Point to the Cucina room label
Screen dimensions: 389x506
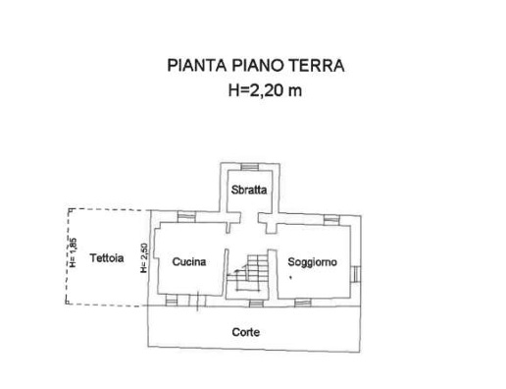pos(187,261)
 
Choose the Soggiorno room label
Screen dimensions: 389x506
pos(312,261)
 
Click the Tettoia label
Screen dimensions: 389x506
pos(106,259)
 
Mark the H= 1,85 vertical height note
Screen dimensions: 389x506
pos(72,254)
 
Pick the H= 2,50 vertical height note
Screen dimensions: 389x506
pos(144,258)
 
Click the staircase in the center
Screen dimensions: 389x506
pos(249,272)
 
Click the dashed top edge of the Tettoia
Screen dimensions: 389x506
pos(108,208)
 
